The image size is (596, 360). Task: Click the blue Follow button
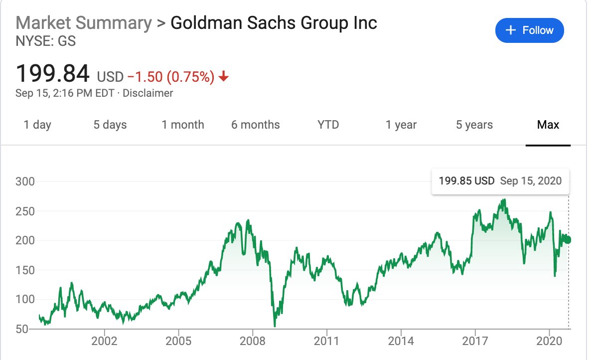(x=529, y=30)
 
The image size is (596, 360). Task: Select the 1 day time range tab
(x=37, y=125)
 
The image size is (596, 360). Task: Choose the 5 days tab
(x=110, y=125)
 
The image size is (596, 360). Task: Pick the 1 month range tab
(x=183, y=125)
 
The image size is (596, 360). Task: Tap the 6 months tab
(x=256, y=125)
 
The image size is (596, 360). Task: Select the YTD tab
(x=328, y=125)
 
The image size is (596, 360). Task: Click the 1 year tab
(x=401, y=125)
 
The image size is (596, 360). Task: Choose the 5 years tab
(x=474, y=125)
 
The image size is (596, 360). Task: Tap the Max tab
(x=548, y=125)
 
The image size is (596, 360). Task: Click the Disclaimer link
(x=148, y=93)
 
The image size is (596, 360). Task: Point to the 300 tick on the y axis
(x=25, y=181)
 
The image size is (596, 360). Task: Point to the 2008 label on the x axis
(x=253, y=342)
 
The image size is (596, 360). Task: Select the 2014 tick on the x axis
(x=401, y=342)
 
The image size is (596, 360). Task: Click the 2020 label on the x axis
(x=549, y=342)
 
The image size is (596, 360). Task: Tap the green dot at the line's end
(x=568, y=240)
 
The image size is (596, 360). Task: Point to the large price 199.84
(x=53, y=74)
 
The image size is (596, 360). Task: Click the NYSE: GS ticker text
(x=46, y=41)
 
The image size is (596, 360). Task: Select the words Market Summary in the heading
(x=84, y=23)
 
